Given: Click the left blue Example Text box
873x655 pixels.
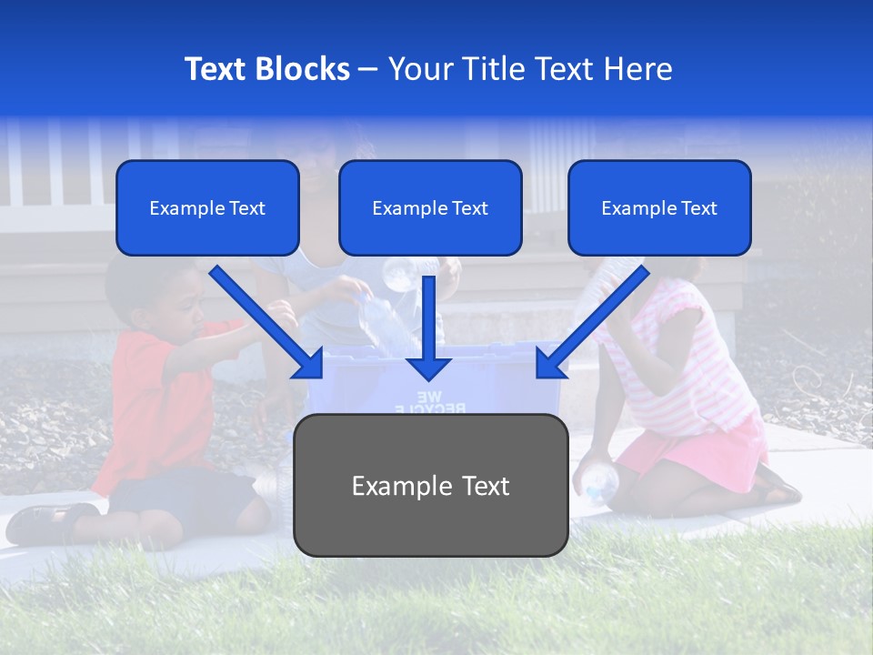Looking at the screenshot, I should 207,208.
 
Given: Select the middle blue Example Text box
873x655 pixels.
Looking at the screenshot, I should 430,208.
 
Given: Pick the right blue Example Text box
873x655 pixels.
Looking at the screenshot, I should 659,208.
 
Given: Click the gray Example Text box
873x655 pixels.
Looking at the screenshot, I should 430,485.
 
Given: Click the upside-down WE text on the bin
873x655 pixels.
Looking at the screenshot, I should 427,396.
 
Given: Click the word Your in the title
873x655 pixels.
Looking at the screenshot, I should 418,69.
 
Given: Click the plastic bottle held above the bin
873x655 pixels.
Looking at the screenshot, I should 382,323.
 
